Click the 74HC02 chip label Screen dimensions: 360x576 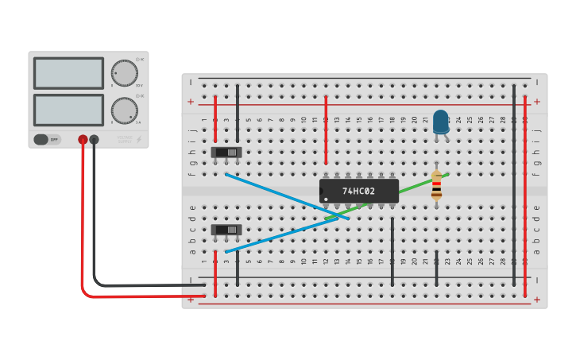358,191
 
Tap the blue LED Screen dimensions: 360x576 440,122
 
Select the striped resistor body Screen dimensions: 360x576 436,185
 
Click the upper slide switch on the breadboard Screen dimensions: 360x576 226,152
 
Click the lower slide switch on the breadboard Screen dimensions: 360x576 226,230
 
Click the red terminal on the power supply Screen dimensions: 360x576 83,140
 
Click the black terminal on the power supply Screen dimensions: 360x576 95,140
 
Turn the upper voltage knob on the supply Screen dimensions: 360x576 124,73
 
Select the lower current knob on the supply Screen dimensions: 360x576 124,110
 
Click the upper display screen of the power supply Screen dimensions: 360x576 68,73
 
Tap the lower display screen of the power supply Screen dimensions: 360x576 68,110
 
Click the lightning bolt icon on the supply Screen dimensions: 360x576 140,140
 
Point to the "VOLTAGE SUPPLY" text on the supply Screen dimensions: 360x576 125,140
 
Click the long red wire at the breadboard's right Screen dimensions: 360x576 525,191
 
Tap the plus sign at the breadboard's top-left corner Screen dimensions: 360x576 191,102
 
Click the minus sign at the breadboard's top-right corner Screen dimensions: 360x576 536,82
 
